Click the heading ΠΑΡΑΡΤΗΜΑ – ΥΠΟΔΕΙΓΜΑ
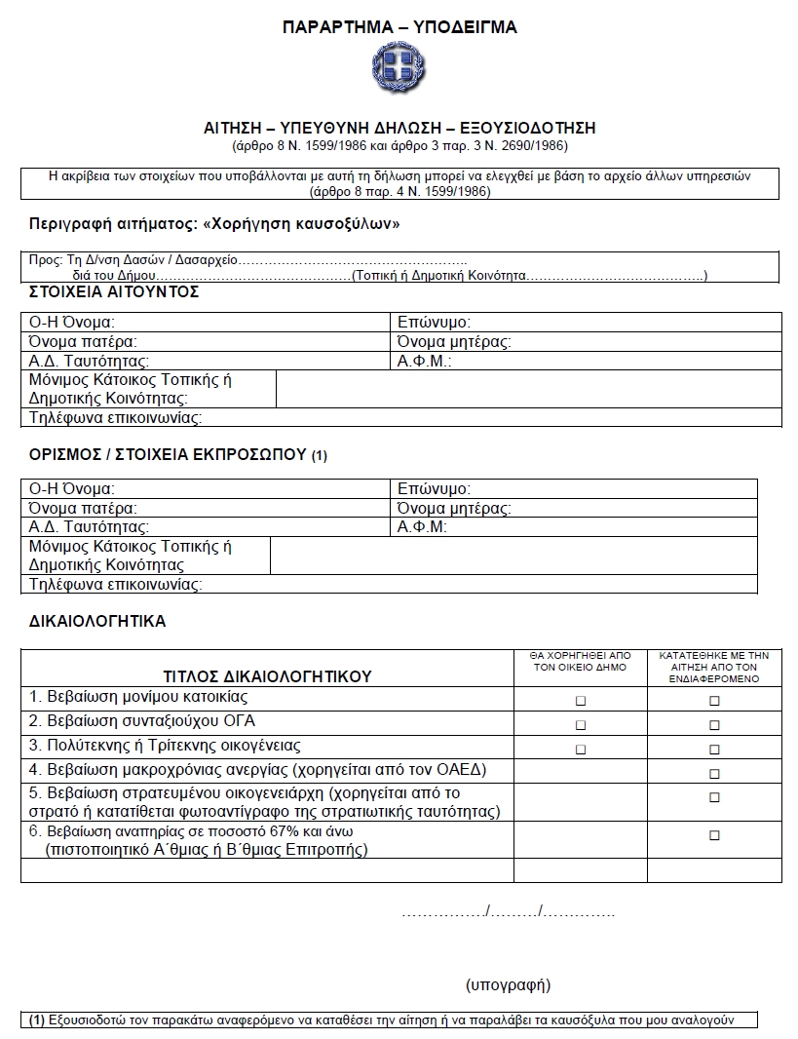[x=399, y=27]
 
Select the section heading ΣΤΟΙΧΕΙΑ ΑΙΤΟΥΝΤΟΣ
[x=114, y=291]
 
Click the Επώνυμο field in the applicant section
[x=435, y=322]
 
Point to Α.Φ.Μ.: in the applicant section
[x=425, y=361]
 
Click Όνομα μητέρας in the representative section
[x=454, y=508]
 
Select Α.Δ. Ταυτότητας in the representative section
[x=90, y=527]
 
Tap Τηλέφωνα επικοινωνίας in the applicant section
[x=115, y=418]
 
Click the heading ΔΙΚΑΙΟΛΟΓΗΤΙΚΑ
[x=97, y=620]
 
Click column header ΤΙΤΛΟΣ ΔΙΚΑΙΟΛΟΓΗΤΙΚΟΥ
[x=267, y=675]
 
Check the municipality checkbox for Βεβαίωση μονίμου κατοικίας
[x=581, y=701]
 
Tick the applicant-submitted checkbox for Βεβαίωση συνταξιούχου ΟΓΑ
[x=714, y=725]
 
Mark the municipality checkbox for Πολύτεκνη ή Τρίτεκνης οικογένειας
[x=581, y=750]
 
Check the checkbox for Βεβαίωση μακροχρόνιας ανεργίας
[x=714, y=774]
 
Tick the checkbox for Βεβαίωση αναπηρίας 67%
[x=714, y=835]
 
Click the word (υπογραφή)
[x=508, y=984]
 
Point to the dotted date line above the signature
[x=508, y=913]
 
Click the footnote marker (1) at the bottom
[x=37, y=1020]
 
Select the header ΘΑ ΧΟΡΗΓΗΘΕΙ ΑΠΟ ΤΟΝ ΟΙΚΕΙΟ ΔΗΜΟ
[x=581, y=662]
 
